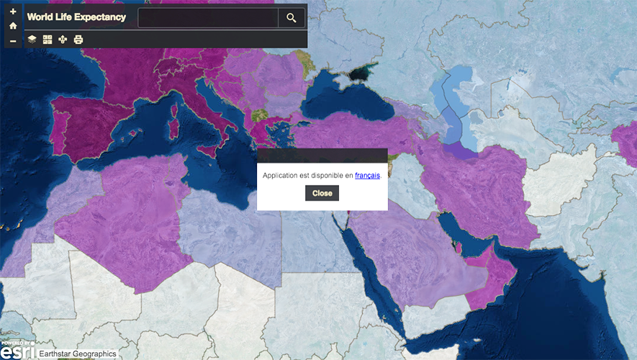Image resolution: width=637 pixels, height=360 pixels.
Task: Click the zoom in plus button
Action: click(x=13, y=12)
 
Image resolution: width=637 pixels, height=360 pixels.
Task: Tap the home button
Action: click(x=13, y=26)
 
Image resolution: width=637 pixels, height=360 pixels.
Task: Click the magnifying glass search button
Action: click(x=291, y=18)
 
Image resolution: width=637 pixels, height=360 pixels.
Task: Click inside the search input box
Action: click(x=207, y=18)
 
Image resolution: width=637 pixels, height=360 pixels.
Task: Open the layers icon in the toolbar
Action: click(x=32, y=40)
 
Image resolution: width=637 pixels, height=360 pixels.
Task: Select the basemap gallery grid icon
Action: click(x=48, y=40)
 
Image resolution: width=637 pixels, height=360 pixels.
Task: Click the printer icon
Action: click(x=78, y=40)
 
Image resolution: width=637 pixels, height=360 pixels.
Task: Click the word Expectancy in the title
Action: click(x=96, y=17)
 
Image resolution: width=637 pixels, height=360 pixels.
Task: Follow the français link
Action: click(x=367, y=175)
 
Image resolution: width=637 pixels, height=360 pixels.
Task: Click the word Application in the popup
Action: click(x=283, y=175)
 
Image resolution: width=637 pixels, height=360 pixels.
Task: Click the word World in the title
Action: click(x=40, y=17)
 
